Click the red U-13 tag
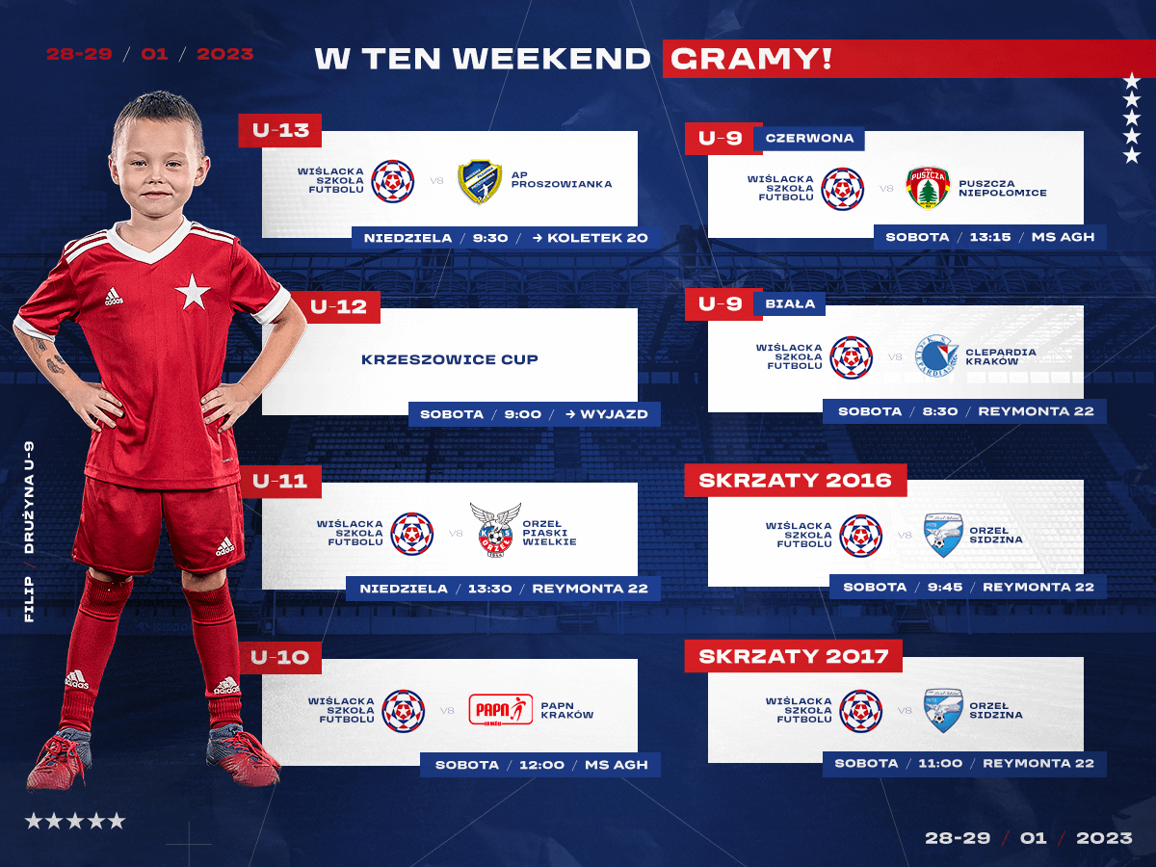click(279, 130)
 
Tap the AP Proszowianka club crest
click(479, 182)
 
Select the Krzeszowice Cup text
click(450, 359)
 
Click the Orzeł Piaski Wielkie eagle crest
click(495, 530)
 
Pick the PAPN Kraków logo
click(500, 710)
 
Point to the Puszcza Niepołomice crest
click(928, 188)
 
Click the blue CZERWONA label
click(810, 138)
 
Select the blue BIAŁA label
click(790, 303)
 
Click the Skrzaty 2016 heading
click(796, 480)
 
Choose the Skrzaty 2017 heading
click(793, 656)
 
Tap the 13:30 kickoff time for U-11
click(489, 589)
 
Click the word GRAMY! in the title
click(751, 59)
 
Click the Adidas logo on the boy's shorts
click(225, 546)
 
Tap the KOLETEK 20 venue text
click(598, 238)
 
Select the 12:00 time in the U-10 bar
click(542, 765)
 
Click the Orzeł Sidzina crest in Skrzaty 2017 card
click(943, 710)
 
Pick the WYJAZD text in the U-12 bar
click(614, 414)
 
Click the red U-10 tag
click(279, 657)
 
